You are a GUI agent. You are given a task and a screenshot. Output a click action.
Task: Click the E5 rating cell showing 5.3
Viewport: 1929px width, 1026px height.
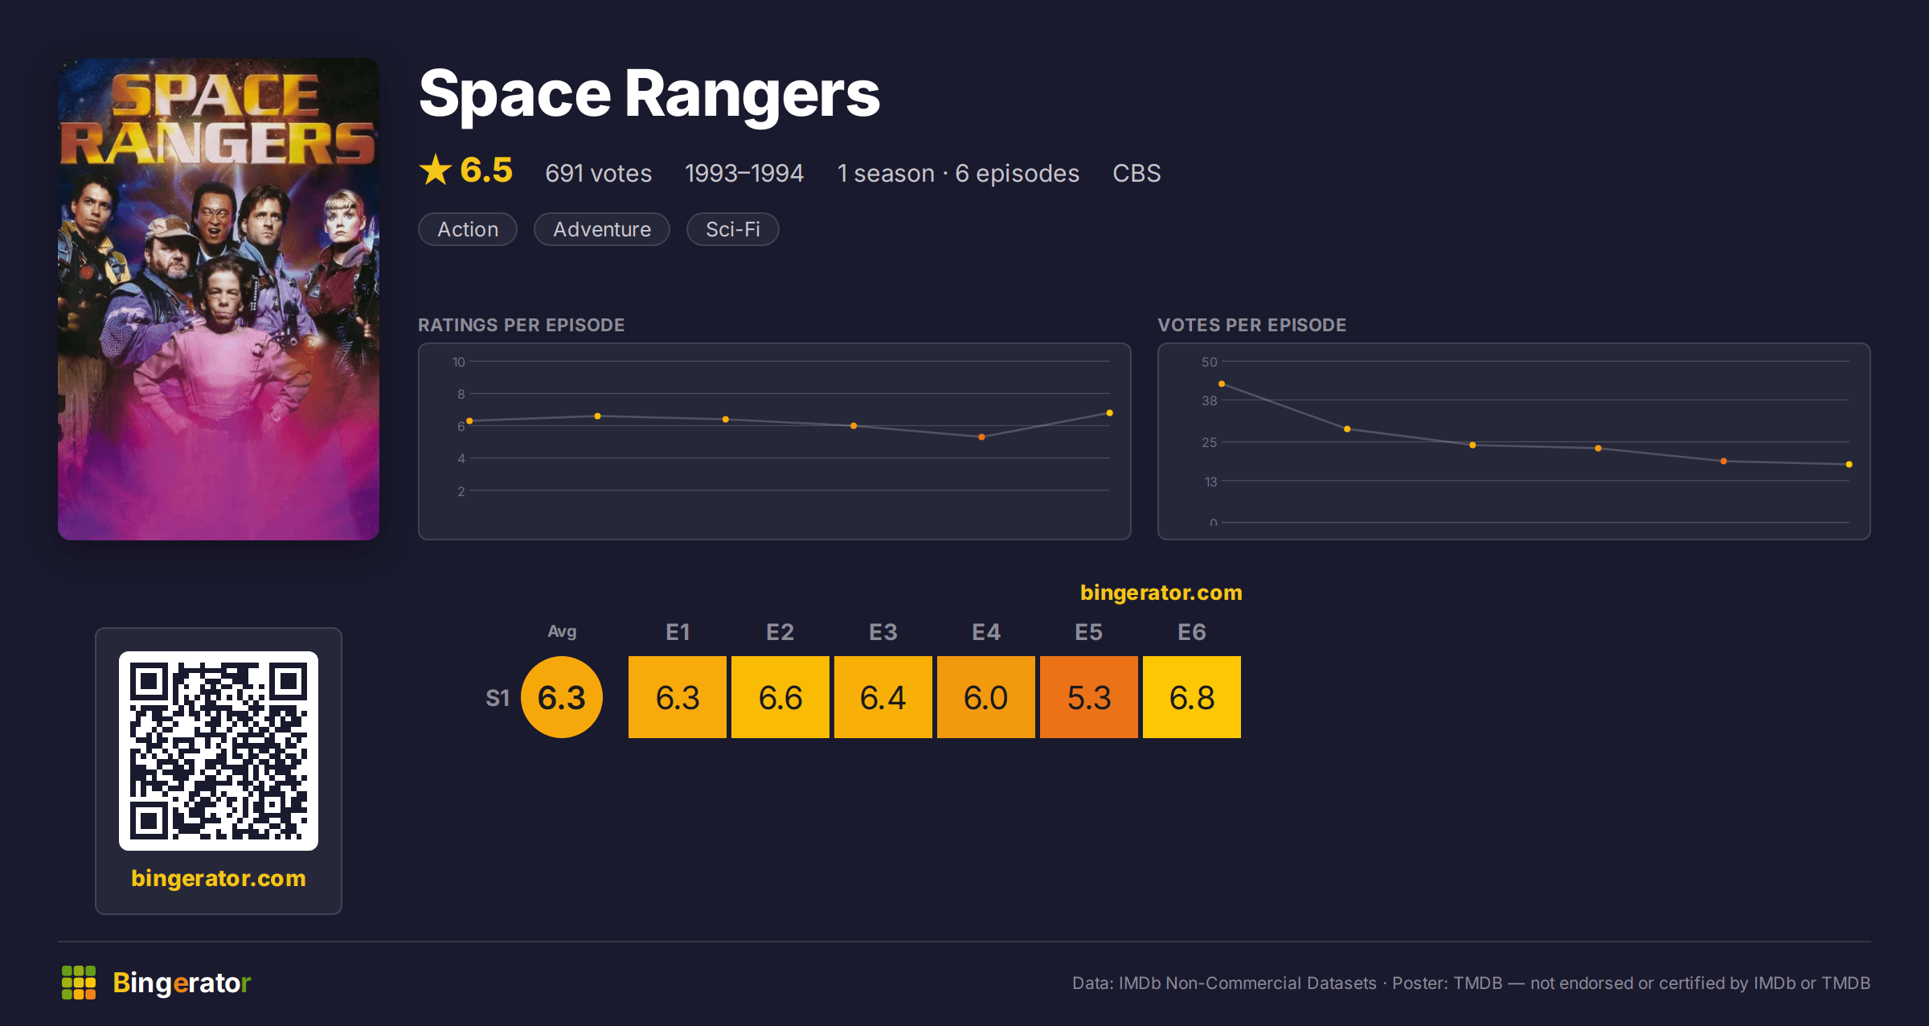pos(1089,697)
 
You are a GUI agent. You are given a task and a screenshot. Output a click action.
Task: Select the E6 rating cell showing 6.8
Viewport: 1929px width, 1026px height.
pos(1192,697)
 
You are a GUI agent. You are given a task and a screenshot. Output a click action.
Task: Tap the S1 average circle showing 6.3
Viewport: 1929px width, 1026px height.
pos(562,697)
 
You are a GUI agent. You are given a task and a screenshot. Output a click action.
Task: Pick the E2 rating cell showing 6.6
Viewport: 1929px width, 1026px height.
pos(780,697)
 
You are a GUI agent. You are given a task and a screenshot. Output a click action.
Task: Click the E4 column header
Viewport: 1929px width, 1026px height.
pos(986,632)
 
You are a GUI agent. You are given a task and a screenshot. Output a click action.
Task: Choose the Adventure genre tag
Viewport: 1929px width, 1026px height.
pos(602,229)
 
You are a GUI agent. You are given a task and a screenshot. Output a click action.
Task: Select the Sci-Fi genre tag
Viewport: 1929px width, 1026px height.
pos(733,229)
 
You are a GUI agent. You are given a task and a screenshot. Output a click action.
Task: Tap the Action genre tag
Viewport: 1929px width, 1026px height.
pos(468,229)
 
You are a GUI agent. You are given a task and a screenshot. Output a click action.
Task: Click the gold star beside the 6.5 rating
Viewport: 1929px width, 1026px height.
pos(436,170)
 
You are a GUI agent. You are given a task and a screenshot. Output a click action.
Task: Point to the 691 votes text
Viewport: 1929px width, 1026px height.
pos(599,173)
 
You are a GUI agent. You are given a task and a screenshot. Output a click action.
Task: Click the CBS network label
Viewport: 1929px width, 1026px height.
pos(1137,173)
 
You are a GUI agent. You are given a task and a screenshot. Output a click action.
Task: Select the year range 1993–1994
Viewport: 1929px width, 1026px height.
pos(744,173)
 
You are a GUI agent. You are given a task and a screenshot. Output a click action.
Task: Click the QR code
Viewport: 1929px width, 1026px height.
pos(219,751)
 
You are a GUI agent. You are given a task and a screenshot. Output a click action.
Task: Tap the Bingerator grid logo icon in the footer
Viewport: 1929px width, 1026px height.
pos(79,983)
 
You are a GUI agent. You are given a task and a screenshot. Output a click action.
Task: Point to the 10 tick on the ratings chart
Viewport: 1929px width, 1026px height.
pos(459,362)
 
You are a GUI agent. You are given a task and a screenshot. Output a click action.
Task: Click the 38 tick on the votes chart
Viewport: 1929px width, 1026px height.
pos(1210,400)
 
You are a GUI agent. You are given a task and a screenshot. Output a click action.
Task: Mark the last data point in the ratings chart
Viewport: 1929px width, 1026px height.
pos(1110,413)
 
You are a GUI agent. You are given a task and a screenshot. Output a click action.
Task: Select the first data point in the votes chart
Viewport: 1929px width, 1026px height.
pos(1222,384)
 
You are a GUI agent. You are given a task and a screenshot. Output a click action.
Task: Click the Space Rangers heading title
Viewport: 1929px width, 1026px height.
pos(649,95)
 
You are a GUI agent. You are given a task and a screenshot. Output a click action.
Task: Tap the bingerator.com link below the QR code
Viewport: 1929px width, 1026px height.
pos(219,878)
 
